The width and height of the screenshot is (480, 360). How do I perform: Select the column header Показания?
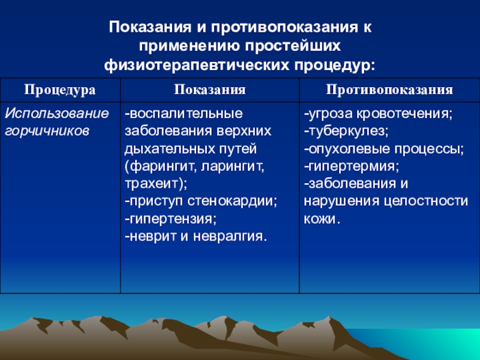coord(210,89)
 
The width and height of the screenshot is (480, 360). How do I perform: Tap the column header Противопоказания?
coord(389,89)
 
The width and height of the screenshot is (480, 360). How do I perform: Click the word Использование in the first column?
coord(57,113)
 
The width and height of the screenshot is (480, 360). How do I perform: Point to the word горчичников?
coord(47,131)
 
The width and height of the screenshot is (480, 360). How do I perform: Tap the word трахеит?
coord(151,184)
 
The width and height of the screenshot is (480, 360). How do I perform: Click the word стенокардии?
coord(232,202)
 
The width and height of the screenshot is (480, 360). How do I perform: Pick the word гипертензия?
coord(173,219)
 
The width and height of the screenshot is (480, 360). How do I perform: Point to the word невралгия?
coord(230,236)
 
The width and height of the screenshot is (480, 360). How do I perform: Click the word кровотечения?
coord(404,114)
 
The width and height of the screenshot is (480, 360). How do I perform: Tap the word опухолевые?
coord(349,149)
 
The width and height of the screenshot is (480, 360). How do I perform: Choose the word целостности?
coord(425,202)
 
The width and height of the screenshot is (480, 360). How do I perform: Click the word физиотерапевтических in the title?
coord(196,65)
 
